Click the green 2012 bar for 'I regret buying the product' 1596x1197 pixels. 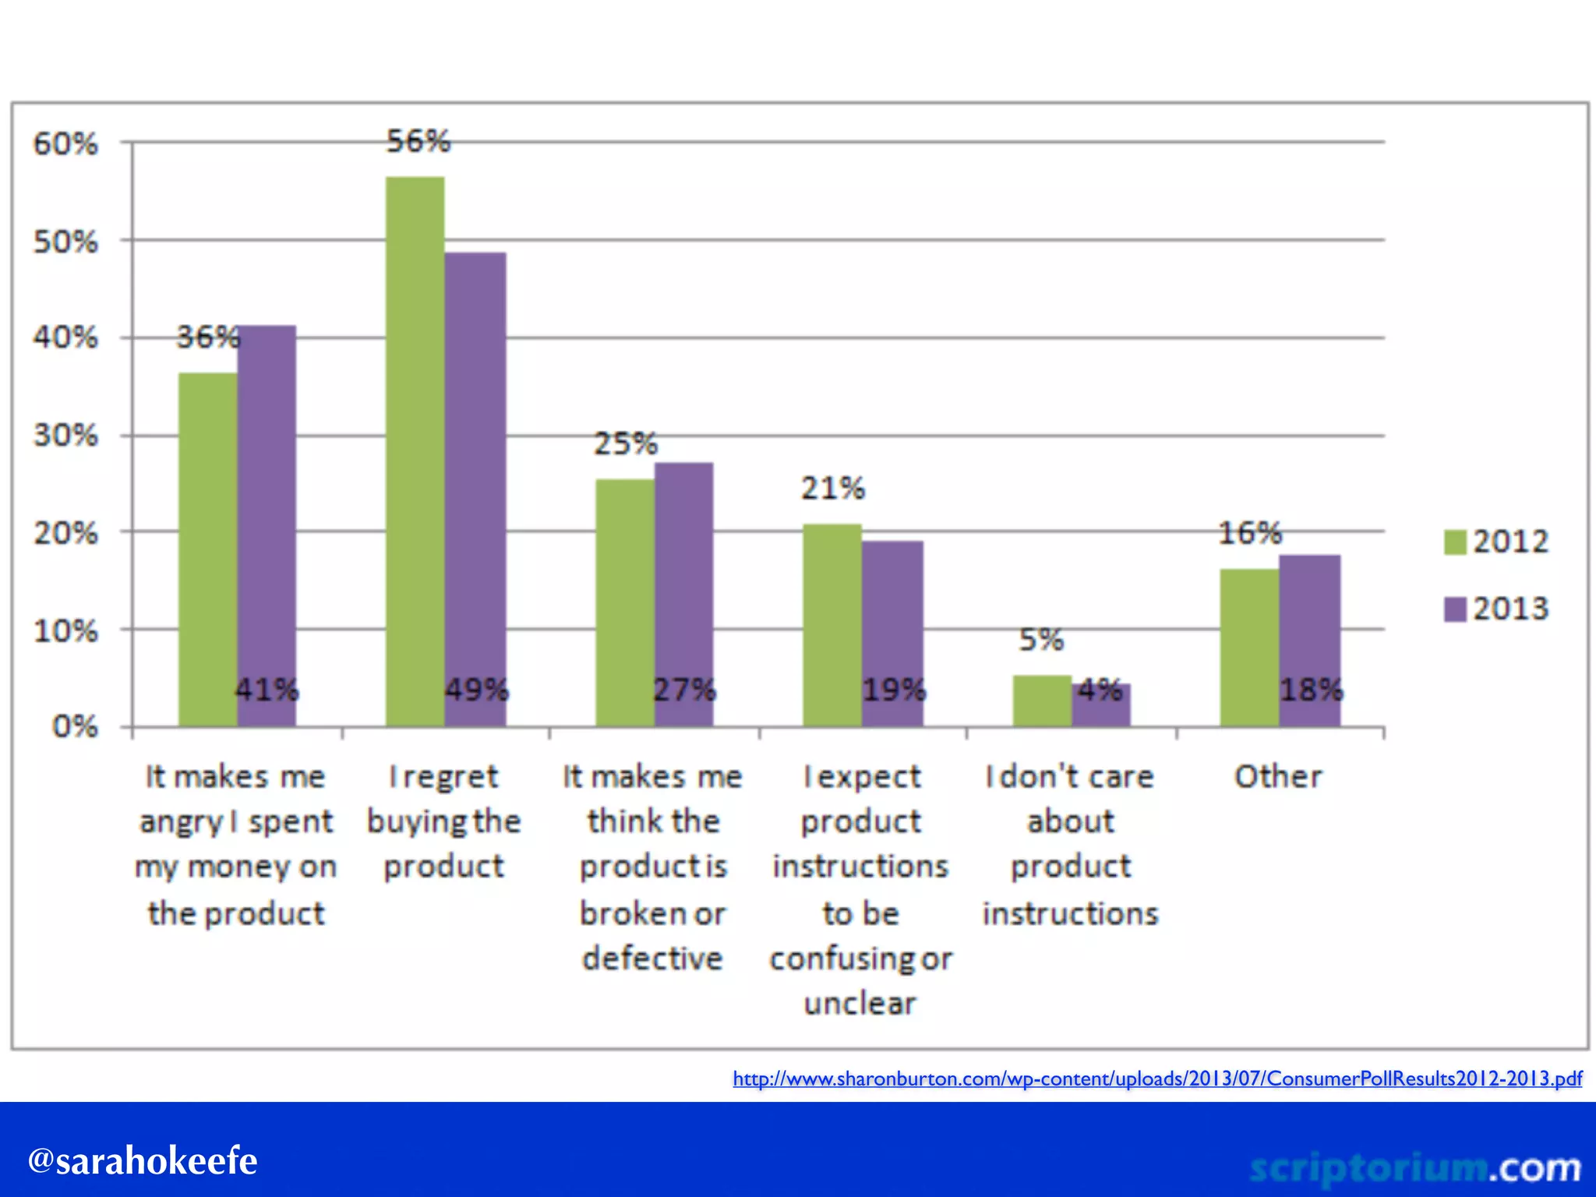point(415,452)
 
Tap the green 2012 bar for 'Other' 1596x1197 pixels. point(1249,647)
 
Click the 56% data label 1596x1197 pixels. point(418,141)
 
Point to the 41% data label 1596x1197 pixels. point(267,690)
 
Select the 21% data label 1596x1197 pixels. point(833,489)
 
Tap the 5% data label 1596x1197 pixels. point(1040,640)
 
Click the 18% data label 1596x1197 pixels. point(1312,690)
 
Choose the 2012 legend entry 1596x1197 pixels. point(1496,542)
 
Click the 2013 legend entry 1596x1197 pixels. point(1496,609)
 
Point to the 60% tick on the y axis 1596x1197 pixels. point(65,144)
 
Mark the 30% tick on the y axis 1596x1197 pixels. point(65,435)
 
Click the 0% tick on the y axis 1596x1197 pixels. point(75,727)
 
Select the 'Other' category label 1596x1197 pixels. point(1278,776)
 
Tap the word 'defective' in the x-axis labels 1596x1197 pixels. point(653,958)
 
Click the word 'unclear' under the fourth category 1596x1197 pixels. point(860,1004)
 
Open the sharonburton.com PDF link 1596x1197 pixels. point(1156,1079)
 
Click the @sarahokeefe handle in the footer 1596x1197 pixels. point(143,1161)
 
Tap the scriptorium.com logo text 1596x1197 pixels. point(1414,1167)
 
